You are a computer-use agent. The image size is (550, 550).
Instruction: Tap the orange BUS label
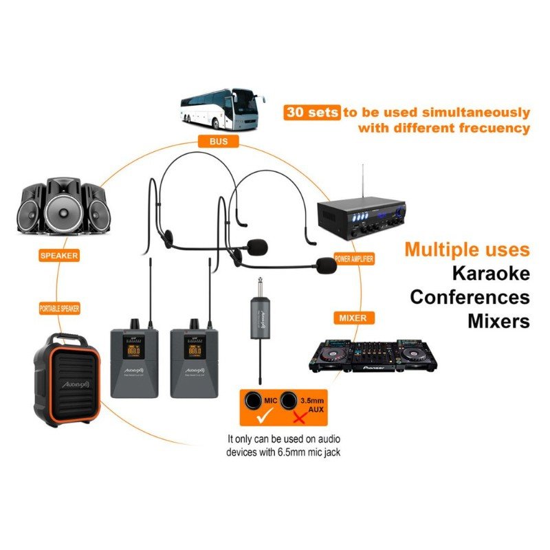210,142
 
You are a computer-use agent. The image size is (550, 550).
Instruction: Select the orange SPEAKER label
60,255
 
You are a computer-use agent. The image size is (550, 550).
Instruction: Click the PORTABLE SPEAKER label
59,309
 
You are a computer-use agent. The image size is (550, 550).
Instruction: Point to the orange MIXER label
353,318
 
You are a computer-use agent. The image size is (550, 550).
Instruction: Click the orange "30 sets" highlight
311,112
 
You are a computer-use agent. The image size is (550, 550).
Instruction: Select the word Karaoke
490,274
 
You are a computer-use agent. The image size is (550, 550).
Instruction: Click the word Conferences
470,297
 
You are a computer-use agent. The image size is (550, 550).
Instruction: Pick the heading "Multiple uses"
467,249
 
